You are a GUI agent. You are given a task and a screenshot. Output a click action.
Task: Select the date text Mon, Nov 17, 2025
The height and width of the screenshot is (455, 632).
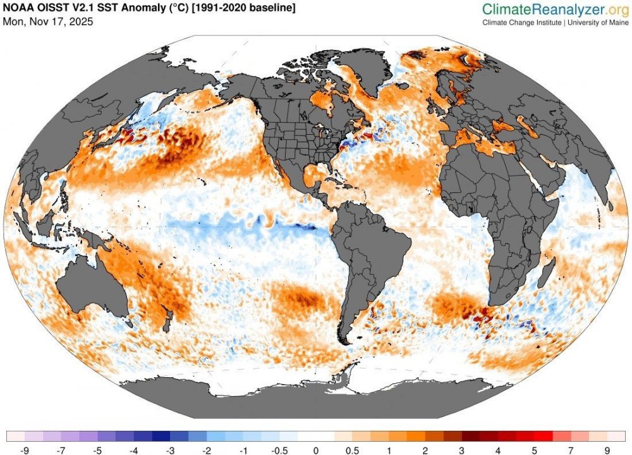[48, 22]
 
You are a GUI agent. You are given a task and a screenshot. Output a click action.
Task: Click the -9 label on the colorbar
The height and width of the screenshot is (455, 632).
[25, 450]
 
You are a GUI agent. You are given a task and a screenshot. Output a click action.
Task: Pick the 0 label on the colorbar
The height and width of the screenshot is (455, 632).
[315, 450]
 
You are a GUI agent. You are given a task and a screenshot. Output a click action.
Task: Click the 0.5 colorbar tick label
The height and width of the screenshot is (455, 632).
[352, 450]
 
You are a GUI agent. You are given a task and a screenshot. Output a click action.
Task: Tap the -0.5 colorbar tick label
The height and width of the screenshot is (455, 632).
[279, 450]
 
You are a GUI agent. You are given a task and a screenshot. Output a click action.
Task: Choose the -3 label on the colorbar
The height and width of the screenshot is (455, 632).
[171, 450]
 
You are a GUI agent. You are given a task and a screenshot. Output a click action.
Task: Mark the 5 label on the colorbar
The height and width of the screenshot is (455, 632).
[533, 450]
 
